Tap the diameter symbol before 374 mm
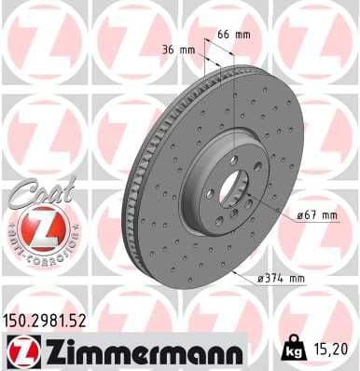[x=258, y=278]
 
